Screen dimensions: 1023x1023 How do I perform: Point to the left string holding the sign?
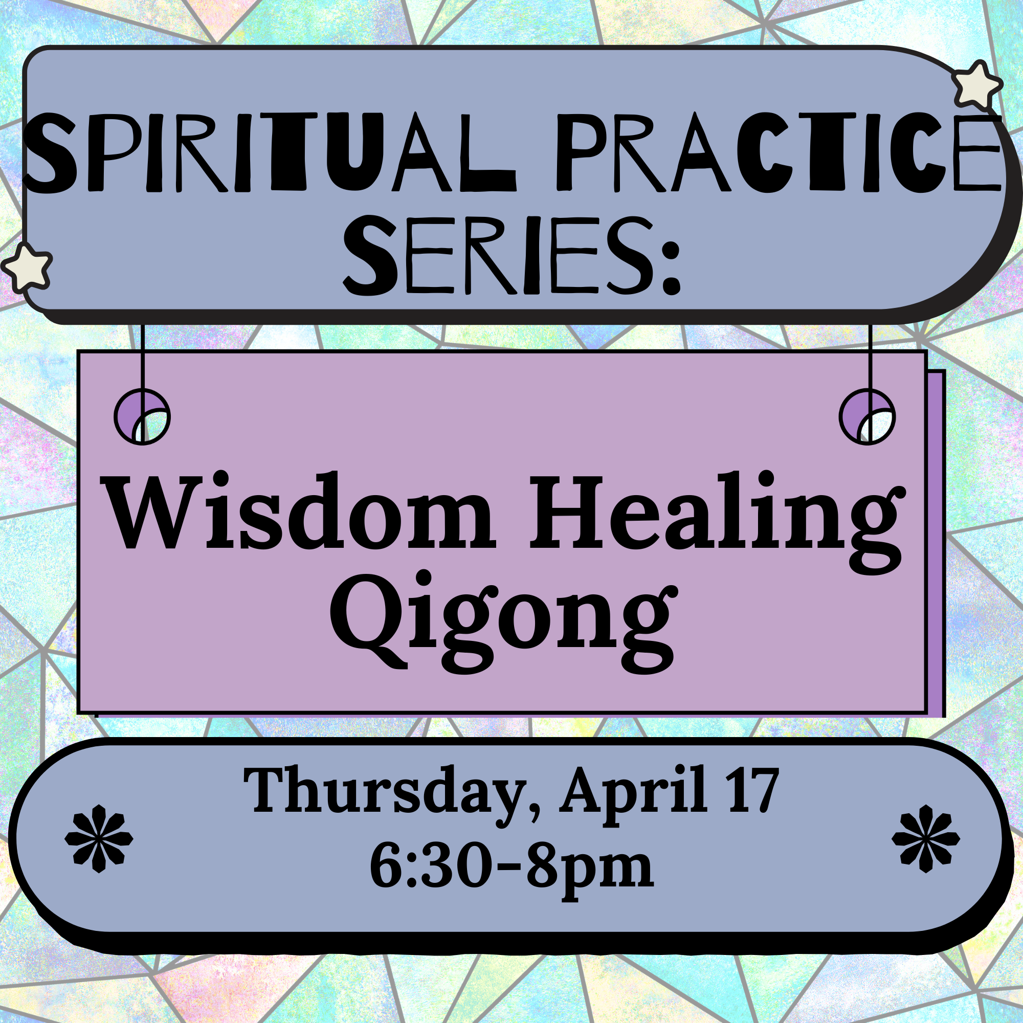coord(142,371)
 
